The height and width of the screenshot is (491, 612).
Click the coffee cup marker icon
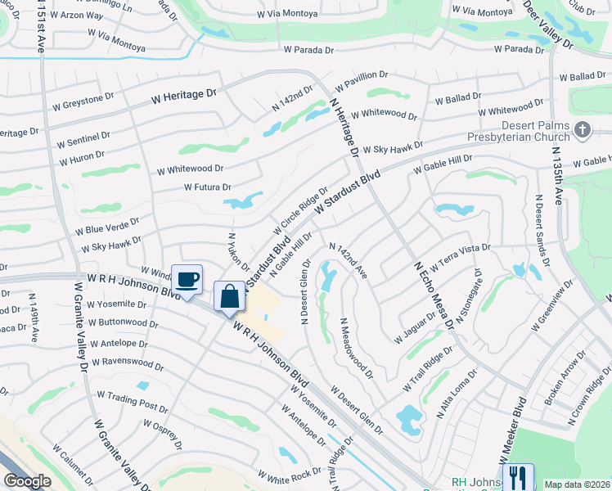(x=187, y=280)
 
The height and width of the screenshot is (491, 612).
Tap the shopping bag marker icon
(x=230, y=296)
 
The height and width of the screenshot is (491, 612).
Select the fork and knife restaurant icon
(x=517, y=475)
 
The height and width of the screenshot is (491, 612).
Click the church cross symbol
(x=582, y=129)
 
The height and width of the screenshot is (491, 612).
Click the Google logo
(x=26, y=481)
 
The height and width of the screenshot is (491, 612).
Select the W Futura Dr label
(x=209, y=187)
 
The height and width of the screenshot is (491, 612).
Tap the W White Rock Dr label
(x=290, y=475)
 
